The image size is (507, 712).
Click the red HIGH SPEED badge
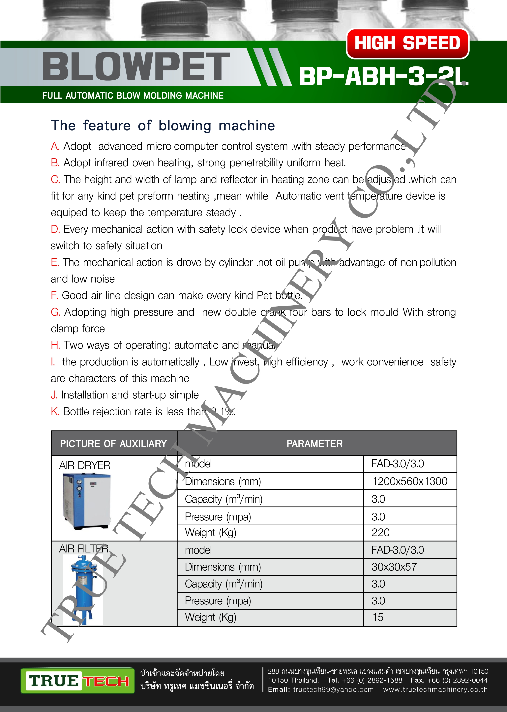coord(407,43)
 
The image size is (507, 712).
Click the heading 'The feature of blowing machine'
coord(163,126)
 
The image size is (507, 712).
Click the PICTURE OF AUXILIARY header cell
coord(114,443)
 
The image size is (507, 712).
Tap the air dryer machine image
coord(86,501)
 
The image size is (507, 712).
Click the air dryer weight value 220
coord(380,532)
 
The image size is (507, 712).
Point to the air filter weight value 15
coord(378,617)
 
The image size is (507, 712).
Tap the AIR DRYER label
coord(85,465)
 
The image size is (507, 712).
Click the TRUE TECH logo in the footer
coord(78,681)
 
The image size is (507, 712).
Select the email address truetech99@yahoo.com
coord(333,690)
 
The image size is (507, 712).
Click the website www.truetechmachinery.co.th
coord(435,690)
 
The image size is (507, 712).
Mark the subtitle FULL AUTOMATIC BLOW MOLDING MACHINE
coord(133,96)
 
